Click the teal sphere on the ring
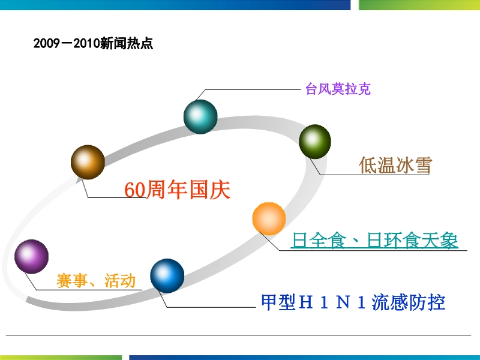tap(200, 116)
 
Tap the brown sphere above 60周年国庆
tap(88, 162)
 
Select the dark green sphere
tap(315, 142)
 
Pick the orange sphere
tap(269, 218)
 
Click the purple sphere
tap(32, 257)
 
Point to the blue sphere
tap(167, 275)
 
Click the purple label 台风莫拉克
tap(338, 89)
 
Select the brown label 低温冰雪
tap(395, 165)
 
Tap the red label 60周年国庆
tap(177, 190)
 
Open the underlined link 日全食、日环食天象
tap(374, 241)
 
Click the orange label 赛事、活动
tap(96, 280)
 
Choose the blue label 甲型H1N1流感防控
tap(353, 302)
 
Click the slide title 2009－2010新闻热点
tap(93, 43)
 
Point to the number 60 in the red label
tap(134, 190)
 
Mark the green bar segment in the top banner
tap(419, 5)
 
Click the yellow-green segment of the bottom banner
tap(61, 358)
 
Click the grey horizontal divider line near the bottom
tap(238, 335)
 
